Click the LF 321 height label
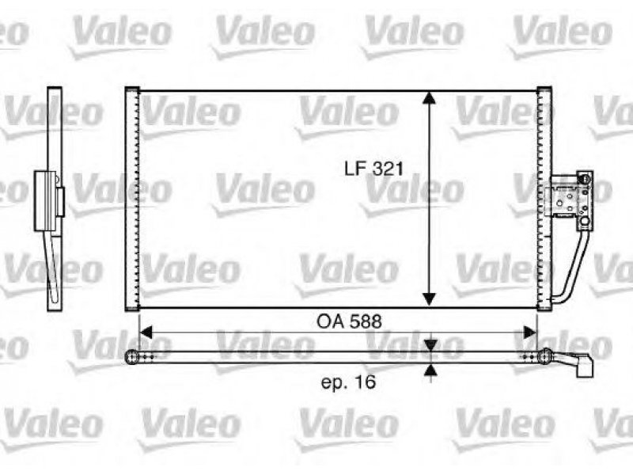pyautogui.click(x=373, y=169)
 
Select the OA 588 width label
pyautogui.click(x=349, y=322)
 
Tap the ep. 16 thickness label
pyautogui.click(x=348, y=382)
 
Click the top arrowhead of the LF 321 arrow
pyautogui.click(x=430, y=98)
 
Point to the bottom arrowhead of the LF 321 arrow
pyautogui.click(x=430, y=299)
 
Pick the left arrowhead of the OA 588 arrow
pyautogui.click(x=146, y=332)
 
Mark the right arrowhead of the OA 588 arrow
pyautogui.click(x=530, y=332)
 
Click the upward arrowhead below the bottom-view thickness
pyautogui.click(x=431, y=370)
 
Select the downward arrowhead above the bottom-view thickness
pyautogui.click(x=431, y=345)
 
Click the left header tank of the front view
pyautogui.click(x=132, y=199)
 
